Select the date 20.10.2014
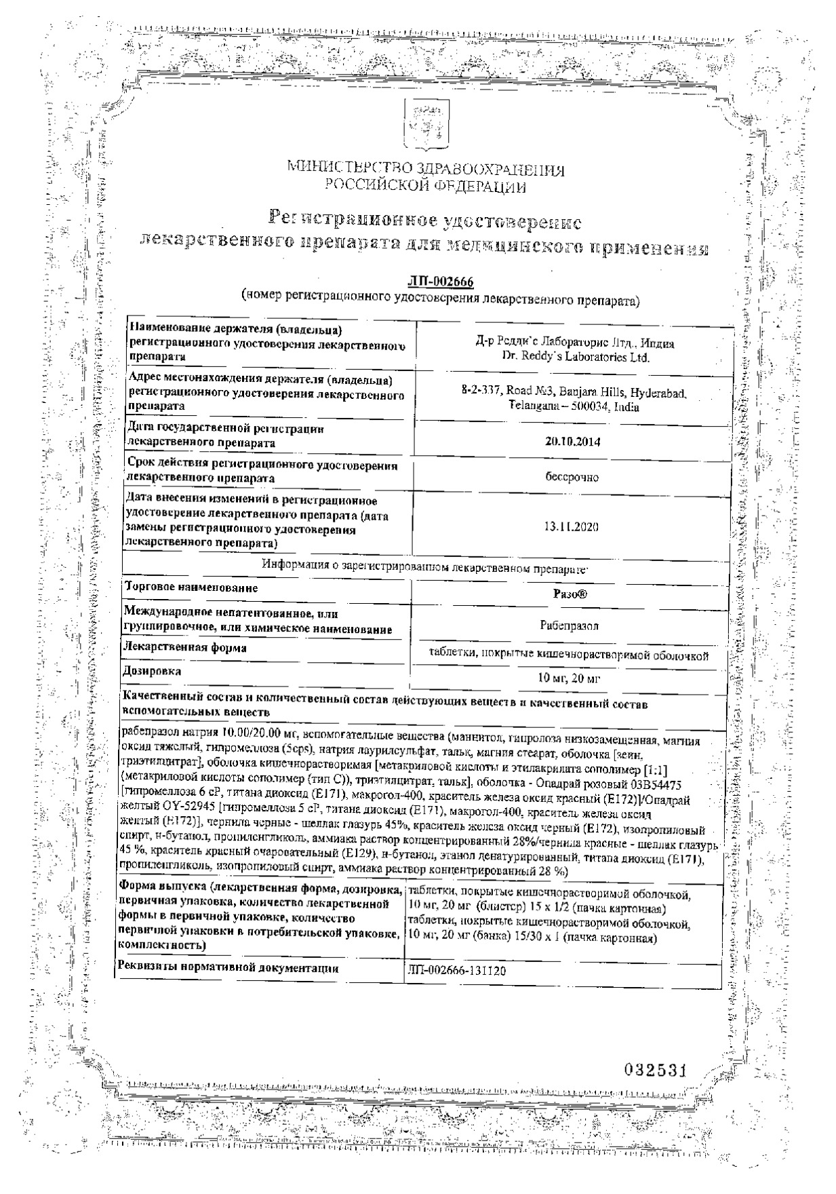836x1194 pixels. click(572, 442)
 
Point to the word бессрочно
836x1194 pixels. click(572, 478)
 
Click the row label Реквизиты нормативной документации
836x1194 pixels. click(228, 968)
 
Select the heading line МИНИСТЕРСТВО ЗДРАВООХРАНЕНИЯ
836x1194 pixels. click(426, 170)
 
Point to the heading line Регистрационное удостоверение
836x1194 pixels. click(425, 218)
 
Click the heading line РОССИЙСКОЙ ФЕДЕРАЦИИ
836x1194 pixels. click(425, 187)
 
